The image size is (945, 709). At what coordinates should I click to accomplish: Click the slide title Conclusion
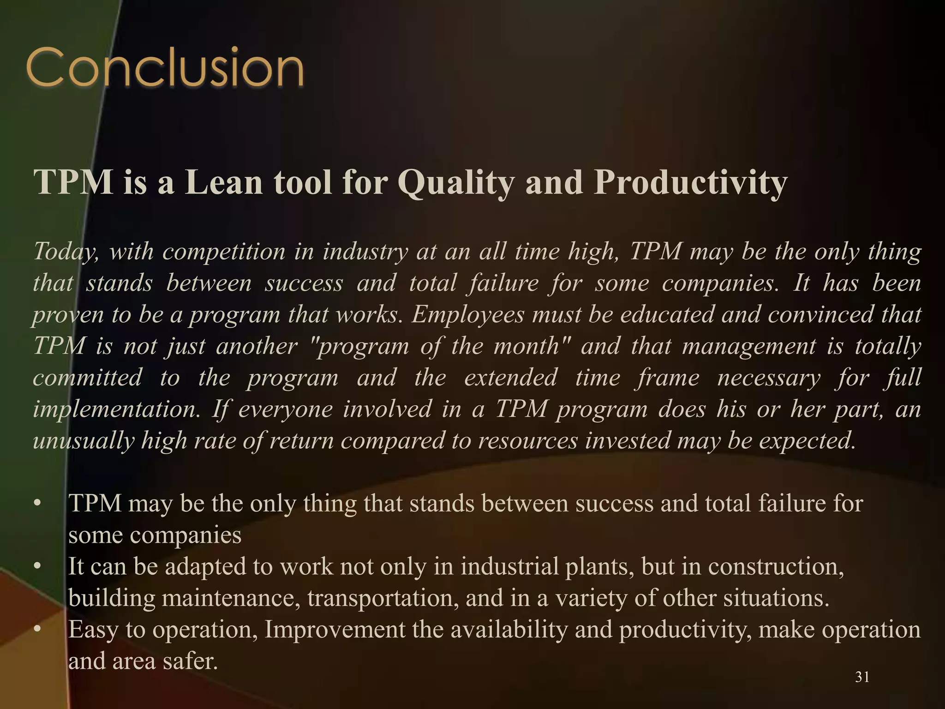click(x=165, y=68)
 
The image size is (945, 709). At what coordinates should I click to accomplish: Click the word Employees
click(x=468, y=315)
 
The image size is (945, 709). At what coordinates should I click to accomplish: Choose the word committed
click(x=88, y=378)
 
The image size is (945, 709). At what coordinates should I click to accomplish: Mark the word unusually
click(x=83, y=441)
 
